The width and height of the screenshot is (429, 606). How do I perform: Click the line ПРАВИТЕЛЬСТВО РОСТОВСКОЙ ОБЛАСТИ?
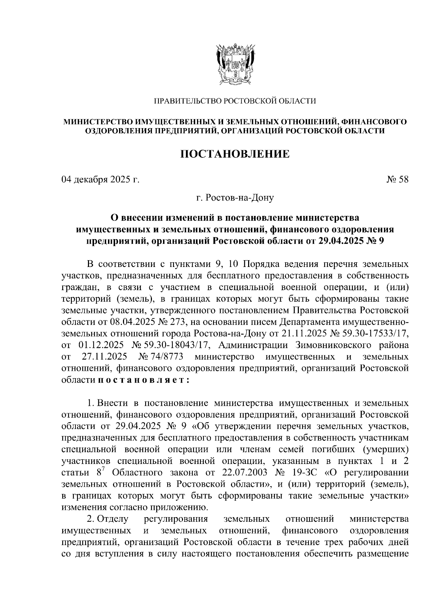[235, 101]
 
